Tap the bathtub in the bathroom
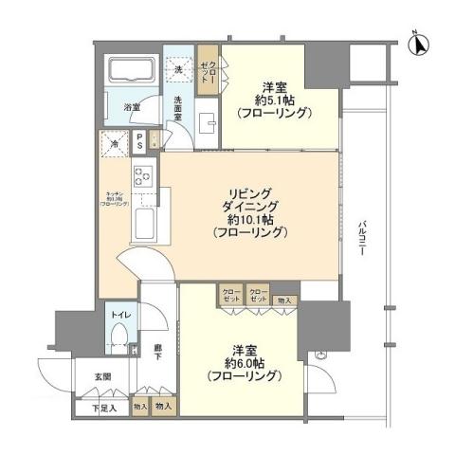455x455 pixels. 131,72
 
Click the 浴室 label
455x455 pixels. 134,108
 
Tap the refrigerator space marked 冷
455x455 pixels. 116,145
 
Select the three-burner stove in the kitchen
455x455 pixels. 143,175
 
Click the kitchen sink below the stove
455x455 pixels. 145,226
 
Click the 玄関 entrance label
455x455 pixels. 101,376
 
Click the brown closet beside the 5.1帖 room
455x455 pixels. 209,68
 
